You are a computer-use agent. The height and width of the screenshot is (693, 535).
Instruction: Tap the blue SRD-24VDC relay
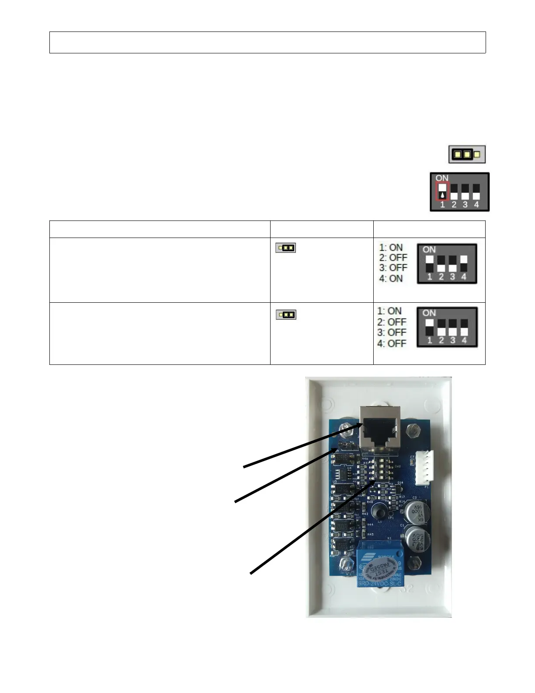point(379,566)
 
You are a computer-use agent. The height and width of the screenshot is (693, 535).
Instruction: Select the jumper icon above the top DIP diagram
point(467,154)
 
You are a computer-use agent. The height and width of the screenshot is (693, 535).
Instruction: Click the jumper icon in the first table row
point(285,248)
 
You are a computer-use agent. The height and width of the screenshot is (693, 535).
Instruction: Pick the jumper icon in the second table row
point(286,315)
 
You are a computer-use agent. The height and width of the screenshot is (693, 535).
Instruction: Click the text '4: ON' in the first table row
point(391,278)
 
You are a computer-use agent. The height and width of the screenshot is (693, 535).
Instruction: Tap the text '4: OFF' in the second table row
point(392,343)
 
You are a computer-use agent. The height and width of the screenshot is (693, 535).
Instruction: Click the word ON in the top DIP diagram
point(442,178)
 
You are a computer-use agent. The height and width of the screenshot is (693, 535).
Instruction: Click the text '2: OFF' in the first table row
point(393,258)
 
